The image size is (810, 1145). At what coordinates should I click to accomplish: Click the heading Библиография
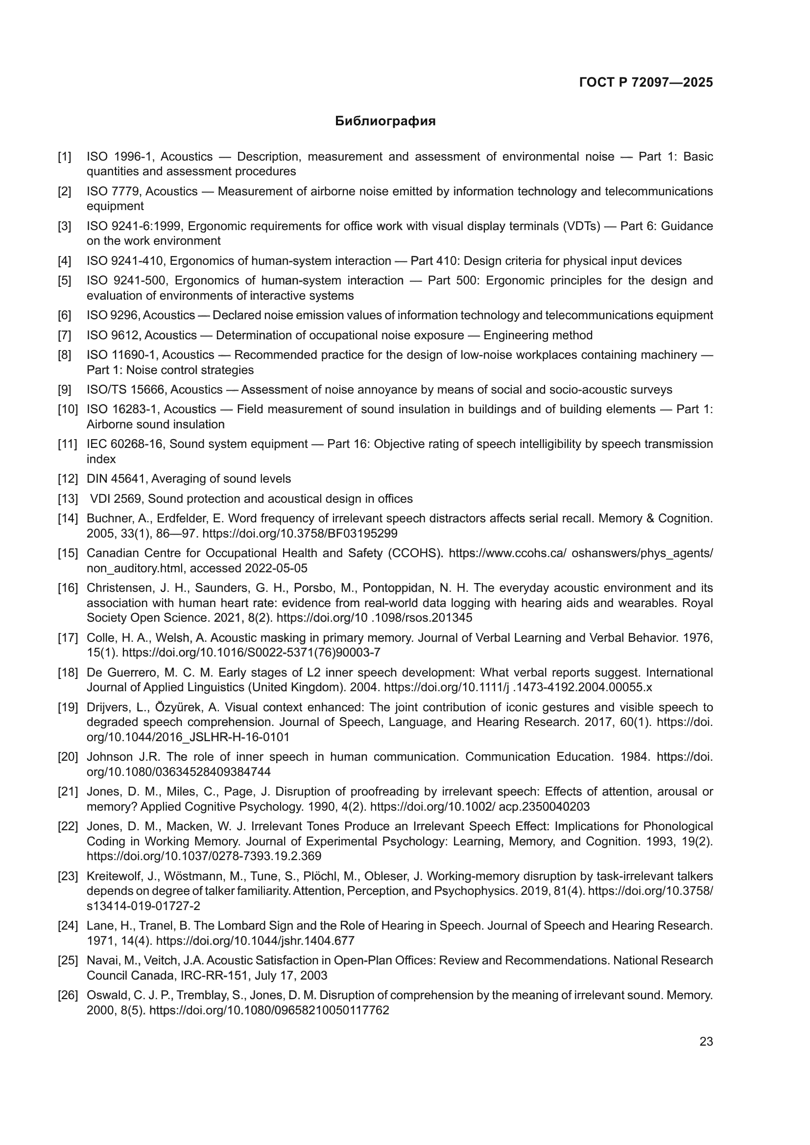point(385,121)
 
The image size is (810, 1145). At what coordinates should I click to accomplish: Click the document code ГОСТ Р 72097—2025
point(646,82)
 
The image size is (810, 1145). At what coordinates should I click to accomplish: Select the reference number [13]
point(68,499)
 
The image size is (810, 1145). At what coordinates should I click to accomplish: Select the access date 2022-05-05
point(276,568)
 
